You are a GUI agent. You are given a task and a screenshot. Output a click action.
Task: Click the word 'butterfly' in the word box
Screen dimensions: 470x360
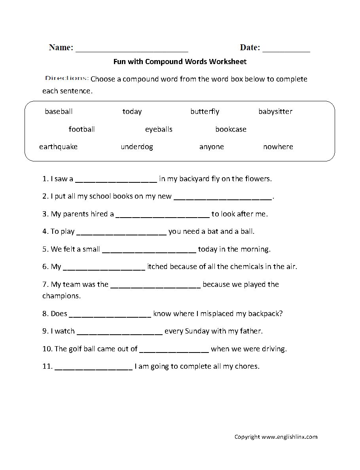click(205, 112)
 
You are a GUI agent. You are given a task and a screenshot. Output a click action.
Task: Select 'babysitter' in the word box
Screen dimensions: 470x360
click(275, 112)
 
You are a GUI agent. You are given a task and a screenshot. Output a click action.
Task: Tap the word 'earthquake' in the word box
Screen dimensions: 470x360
click(58, 147)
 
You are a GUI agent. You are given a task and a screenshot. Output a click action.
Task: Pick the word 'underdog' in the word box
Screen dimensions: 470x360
click(137, 147)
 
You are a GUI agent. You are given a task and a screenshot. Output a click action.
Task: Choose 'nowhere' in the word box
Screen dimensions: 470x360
click(278, 147)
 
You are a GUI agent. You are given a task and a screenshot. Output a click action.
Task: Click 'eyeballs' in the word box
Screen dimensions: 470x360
click(159, 129)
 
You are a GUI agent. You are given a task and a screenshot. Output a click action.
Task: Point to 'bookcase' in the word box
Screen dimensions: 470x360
click(231, 129)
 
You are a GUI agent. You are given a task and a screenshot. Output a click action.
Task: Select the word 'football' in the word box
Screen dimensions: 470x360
click(81, 129)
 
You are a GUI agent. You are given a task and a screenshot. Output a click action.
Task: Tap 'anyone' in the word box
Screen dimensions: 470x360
click(212, 147)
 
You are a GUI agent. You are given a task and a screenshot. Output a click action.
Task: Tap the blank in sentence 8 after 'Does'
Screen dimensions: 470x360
click(110, 316)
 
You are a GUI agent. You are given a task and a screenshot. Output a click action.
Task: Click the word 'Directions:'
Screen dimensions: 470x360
click(66, 78)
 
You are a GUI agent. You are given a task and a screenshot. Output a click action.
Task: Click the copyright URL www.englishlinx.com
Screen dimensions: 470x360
click(289, 437)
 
